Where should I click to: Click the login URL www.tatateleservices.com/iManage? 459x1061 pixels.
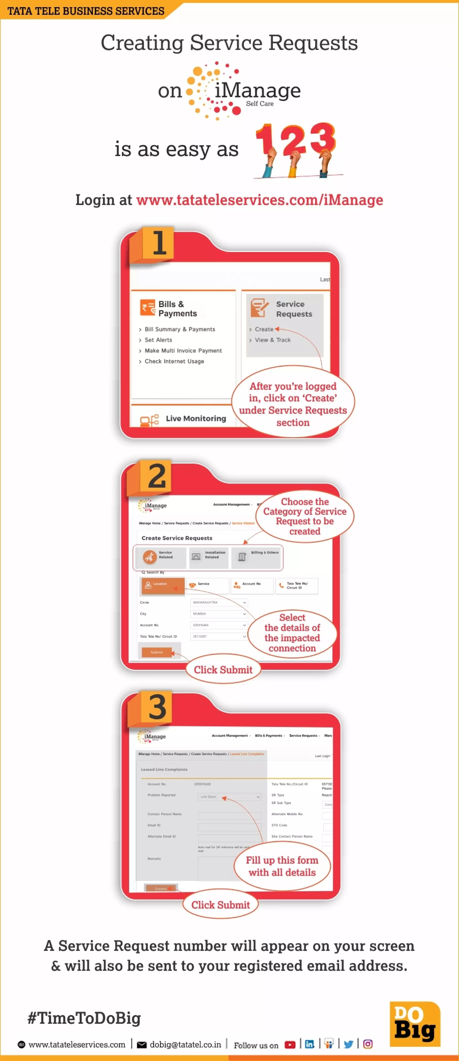point(259,200)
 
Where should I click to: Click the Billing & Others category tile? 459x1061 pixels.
point(256,556)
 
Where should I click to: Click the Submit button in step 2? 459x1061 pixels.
point(156,652)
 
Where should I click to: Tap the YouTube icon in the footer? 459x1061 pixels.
point(290,1045)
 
